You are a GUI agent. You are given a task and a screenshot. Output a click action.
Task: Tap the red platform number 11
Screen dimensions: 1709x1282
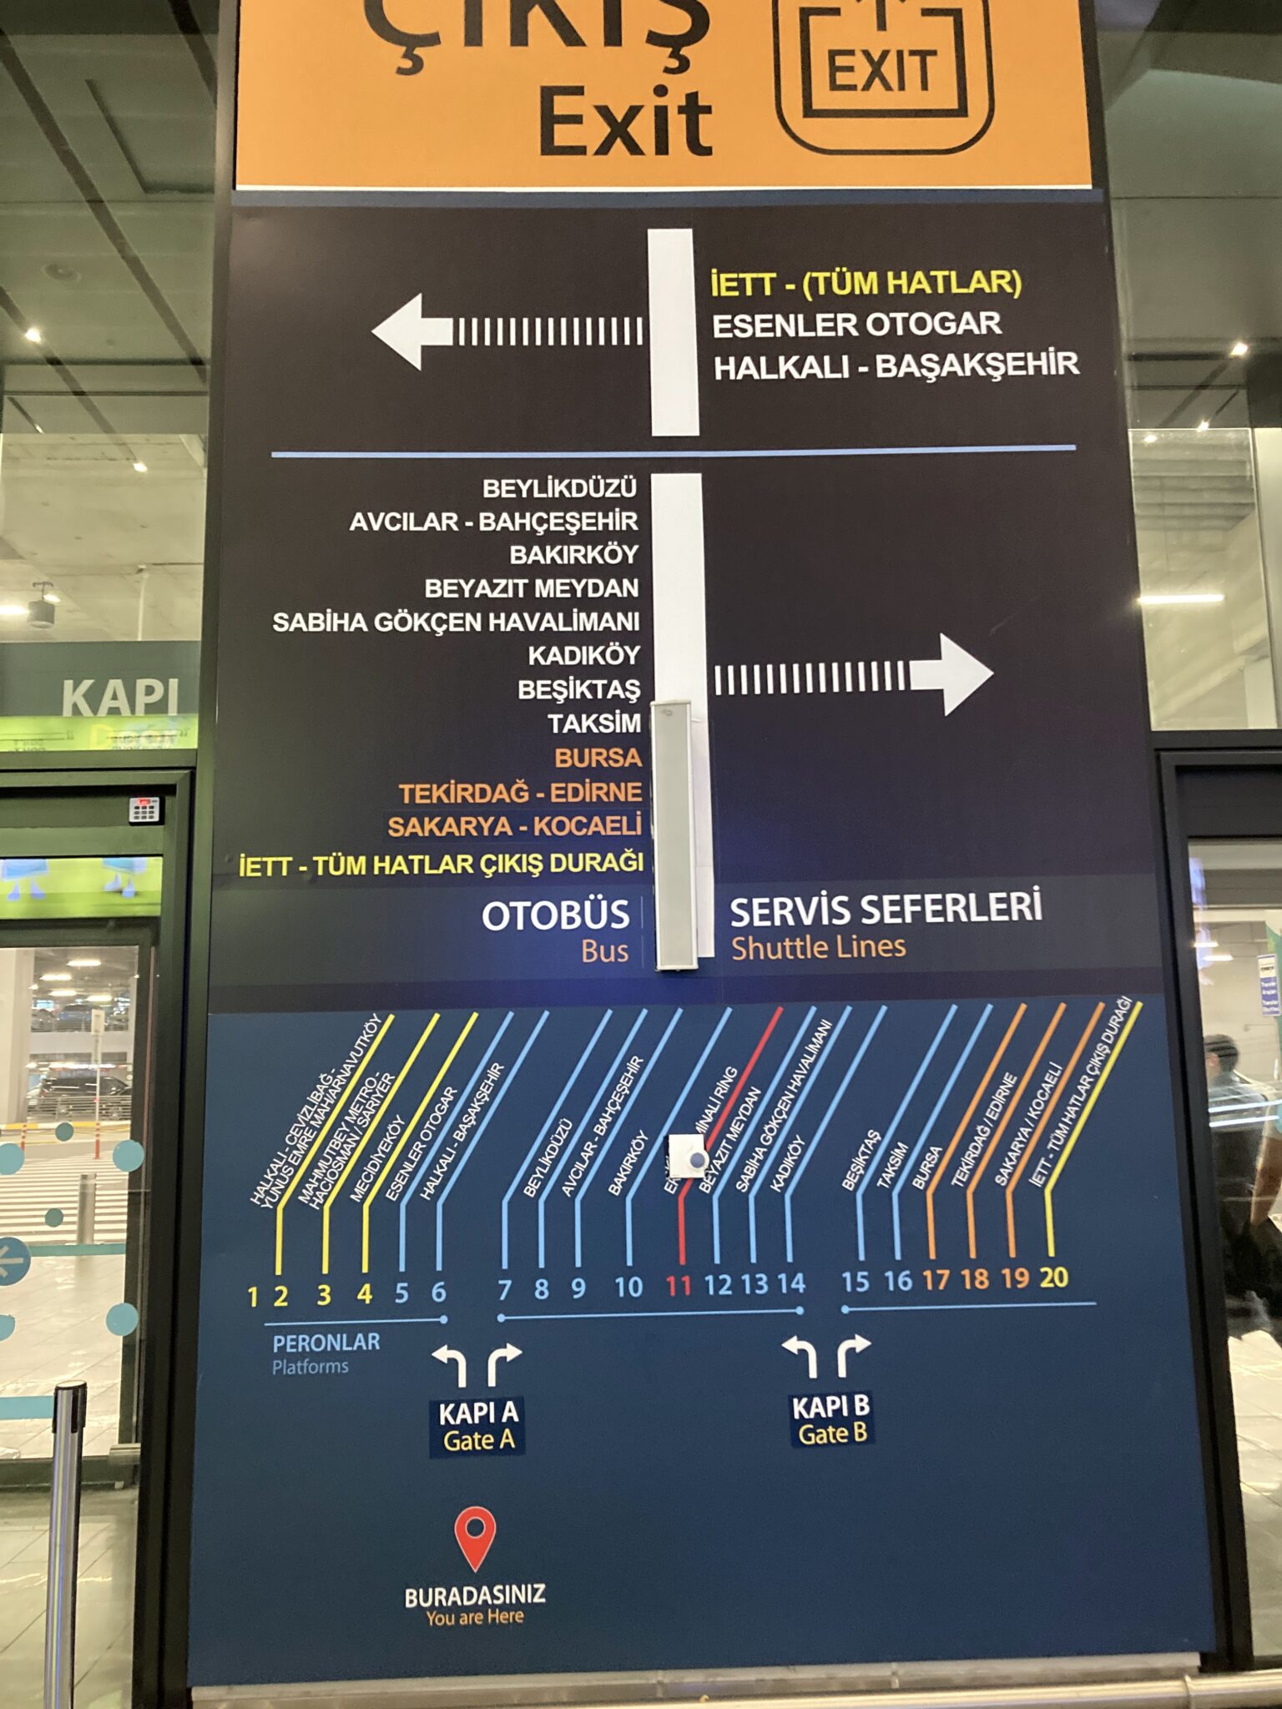pyautogui.click(x=678, y=1286)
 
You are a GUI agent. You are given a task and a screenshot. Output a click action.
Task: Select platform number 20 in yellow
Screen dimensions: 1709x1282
pyautogui.click(x=1053, y=1277)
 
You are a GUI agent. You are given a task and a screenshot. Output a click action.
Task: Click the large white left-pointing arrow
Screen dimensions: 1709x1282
pyautogui.click(x=413, y=331)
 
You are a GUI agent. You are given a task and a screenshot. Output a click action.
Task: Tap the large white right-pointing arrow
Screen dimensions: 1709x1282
pyautogui.click(x=951, y=674)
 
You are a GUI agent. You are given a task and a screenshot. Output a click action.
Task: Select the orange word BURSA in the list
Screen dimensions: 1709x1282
pyautogui.click(x=598, y=758)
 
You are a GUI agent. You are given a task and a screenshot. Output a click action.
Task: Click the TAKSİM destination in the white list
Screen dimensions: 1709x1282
pyautogui.click(x=594, y=723)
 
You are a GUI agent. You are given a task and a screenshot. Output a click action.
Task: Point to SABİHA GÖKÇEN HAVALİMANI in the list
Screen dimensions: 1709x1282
pyautogui.click(x=456, y=622)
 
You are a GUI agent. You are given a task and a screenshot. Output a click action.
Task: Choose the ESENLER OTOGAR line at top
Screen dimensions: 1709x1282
pyautogui.click(x=856, y=325)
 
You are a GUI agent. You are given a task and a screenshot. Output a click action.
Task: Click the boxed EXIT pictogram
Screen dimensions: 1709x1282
pyautogui.click(x=883, y=71)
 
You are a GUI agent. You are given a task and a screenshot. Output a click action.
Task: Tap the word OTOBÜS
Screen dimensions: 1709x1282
pyautogui.click(x=555, y=915)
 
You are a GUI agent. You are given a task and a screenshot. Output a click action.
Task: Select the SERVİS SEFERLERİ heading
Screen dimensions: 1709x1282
pyautogui.click(x=886, y=910)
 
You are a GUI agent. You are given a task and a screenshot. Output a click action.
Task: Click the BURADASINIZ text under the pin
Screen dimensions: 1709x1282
pyautogui.click(x=475, y=1596)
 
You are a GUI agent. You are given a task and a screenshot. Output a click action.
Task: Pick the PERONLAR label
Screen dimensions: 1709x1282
pyautogui.click(x=326, y=1343)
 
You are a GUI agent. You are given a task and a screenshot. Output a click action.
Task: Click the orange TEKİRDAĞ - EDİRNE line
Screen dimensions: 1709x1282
pyautogui.click(x=520, y=792)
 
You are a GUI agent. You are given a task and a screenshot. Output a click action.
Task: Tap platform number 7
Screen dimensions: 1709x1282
pyautogui.click(x=504, y=1290)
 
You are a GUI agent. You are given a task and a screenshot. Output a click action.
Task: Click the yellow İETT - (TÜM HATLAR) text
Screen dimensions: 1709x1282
pyautogui.click(x=866, y=283)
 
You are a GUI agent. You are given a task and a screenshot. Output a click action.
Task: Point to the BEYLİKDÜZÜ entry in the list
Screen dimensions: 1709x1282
pyautogui.click(x=559, y=488)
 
